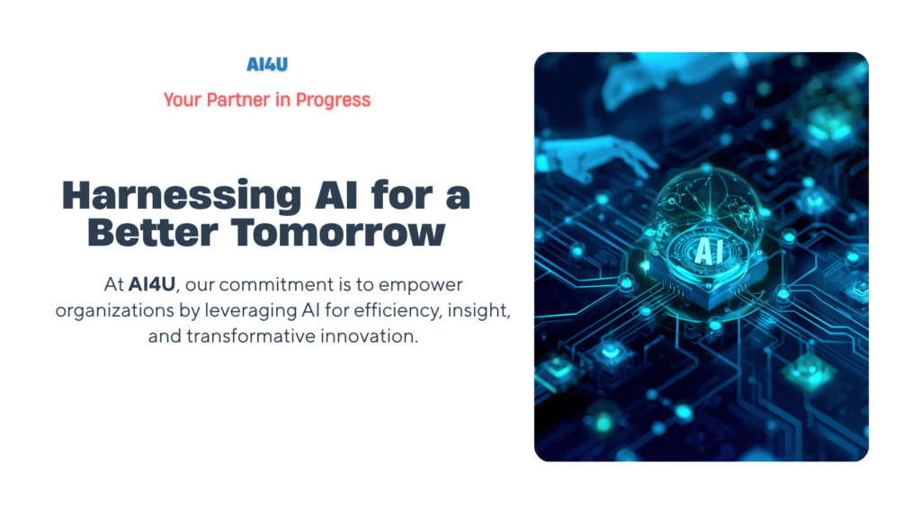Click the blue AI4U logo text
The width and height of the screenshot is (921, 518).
[267, 64]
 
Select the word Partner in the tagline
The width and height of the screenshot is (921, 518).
[237, 100]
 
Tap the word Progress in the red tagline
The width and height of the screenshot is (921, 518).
[333, 101]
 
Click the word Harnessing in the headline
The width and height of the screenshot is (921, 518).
[182, 197]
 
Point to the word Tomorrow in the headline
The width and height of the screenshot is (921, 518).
[338, 233]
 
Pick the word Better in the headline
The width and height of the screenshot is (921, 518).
[153, 233]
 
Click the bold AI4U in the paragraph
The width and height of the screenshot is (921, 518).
[152, 284]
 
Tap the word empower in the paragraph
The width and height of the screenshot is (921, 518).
[421, 285]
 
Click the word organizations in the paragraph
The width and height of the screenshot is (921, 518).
[115, 310]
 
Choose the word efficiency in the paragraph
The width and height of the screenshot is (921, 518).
[398, 310]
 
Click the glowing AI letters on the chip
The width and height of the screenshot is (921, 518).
[709, 252]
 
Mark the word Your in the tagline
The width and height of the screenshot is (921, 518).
[182, 100]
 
